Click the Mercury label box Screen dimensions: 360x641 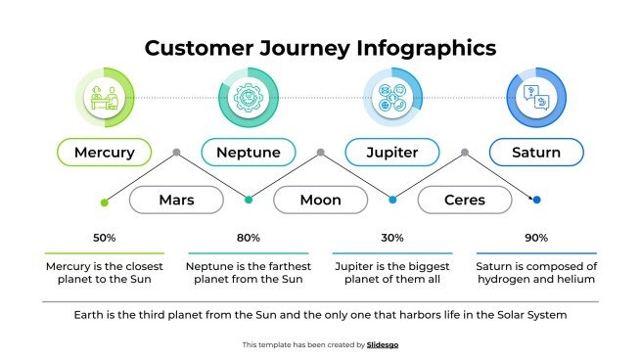click(104, 153)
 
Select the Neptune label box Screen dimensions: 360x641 click(248, 153)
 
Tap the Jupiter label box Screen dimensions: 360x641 click(391, 153)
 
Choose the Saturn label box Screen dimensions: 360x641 click(536, 153)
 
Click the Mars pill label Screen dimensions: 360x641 click(176, 201)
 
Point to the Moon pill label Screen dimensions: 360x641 click(320, 201)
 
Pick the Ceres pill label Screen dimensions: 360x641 click(464, 201)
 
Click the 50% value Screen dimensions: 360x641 click(105, 238)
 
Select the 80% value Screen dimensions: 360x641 click(249, 238)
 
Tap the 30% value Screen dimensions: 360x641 click(392, 238)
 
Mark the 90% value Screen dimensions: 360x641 click(536, 238)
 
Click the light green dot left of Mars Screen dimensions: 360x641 click(105, 202)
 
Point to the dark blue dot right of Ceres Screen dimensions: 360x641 click(536, 200)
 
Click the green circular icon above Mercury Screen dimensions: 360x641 click(104, 98)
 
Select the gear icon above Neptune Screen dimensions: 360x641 click(248, 98)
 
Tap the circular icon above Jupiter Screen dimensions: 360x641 click(391, 98)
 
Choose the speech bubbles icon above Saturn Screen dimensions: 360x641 click(536, 98)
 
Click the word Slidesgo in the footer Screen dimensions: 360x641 click(383, 344)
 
